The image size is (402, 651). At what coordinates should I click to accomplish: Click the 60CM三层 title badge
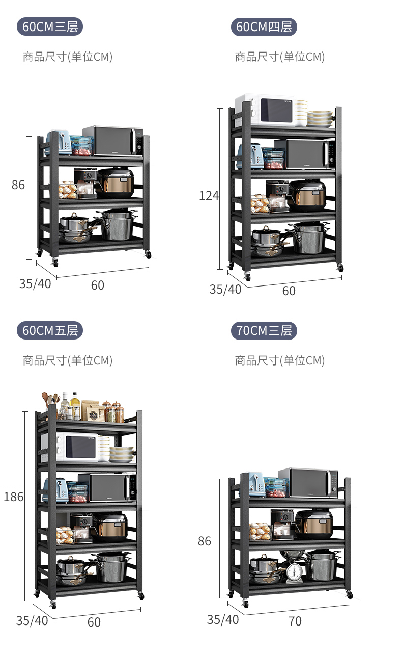tap(49, 27)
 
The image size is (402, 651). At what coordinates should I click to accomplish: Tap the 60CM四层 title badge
tap(264, 27)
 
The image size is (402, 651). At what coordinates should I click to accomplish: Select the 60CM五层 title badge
tap(49, 330)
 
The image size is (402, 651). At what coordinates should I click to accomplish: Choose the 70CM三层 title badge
tap(264, 330)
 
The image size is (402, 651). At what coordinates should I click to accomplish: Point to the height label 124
tap(209, 195)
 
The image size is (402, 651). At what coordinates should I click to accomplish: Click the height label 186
tap(13, 497)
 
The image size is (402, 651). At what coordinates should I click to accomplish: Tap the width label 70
tap(295, 621)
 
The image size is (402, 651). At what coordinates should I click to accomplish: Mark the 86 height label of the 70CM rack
tap(204, 541)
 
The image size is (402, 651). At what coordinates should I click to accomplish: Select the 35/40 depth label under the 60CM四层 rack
tap(225, 289)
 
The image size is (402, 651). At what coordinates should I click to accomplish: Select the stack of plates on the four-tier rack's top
tap(320, 119)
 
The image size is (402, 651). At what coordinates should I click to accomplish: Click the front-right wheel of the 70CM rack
tap(349, 595)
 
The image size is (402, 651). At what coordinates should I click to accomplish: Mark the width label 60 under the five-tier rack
tap(94, 622)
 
